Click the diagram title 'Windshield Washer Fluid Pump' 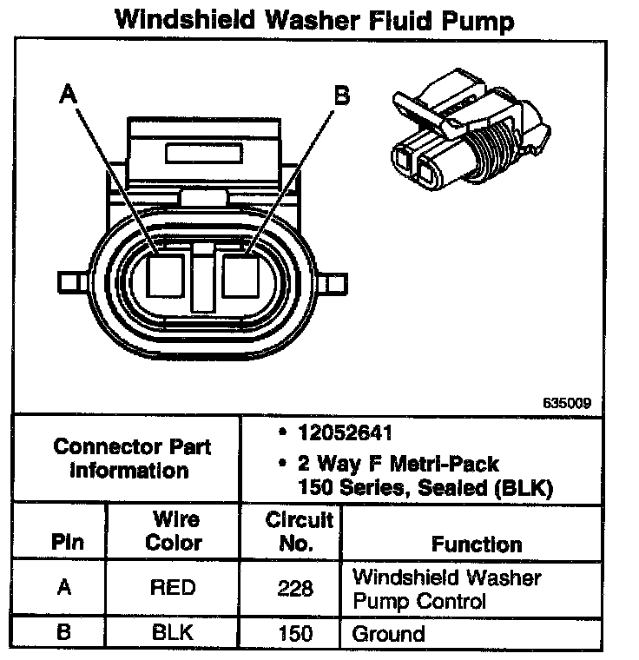coord(314,21)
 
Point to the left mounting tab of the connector coord(70,281)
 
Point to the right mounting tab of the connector coord(335,281)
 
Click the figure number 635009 coord(569,402)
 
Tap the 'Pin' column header coord(66,543)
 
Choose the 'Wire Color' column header coord(173,531)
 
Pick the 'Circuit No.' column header coord(300,531)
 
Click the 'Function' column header coord(477,544)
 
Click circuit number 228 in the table coord(295,589)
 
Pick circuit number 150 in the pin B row coord(295,633)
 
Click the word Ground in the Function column coord(388,634)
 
